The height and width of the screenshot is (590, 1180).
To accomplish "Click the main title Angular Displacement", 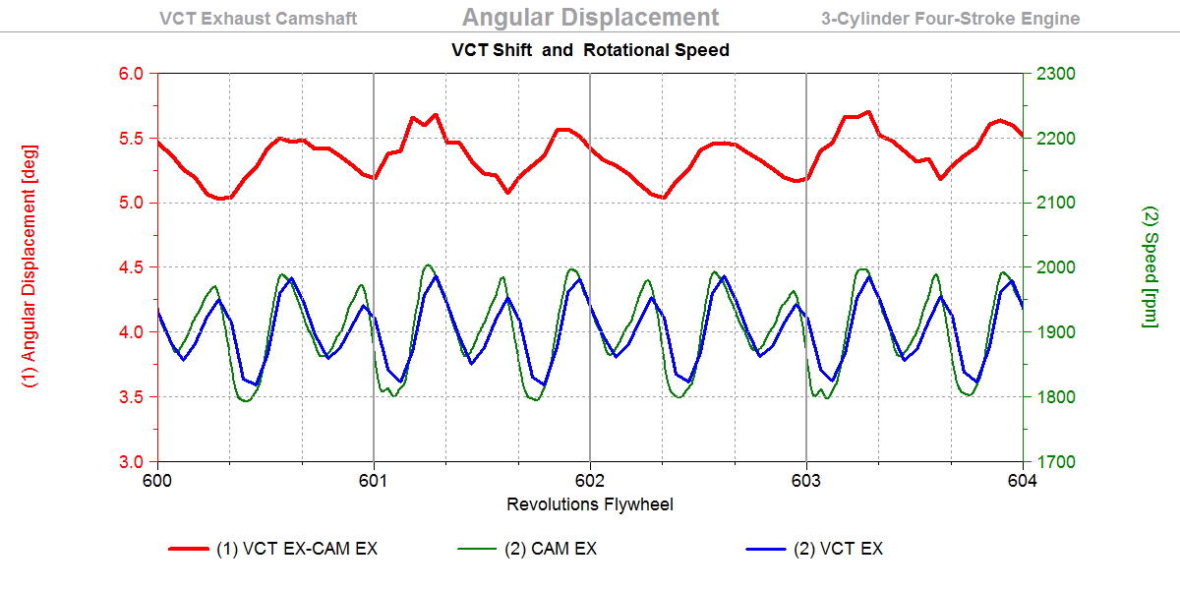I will tap(590, 17).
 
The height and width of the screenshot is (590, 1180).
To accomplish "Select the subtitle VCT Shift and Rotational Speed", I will tap(590, 49).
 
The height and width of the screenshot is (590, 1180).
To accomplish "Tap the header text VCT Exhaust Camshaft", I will tap(258, 19).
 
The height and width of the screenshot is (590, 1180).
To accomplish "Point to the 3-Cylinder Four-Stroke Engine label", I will tap(950, 19).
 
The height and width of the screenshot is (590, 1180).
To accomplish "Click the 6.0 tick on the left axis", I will tap(132, 74).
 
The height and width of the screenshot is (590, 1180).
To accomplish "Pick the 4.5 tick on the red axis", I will tap(132, 267).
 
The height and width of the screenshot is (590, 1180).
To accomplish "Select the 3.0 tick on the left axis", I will tap(132, 461).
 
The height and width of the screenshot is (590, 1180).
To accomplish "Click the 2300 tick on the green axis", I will tap(1052, 74).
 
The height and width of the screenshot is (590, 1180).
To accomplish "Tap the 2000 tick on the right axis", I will tap(1052, 267).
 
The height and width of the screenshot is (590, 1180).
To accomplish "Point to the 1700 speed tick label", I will tap(1052, 461).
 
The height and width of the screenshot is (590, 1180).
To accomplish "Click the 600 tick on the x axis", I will tap(157, 481).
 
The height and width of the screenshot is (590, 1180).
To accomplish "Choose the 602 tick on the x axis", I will tap(590, 481).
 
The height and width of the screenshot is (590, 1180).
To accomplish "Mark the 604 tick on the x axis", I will tap(1023, 481).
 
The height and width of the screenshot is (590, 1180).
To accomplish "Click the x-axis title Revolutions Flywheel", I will tap(590, 504).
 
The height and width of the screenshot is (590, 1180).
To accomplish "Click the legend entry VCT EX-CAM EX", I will tap(296, 549).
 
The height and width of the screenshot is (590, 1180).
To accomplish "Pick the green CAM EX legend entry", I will tap(551, 549).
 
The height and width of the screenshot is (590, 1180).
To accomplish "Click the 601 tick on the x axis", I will tap(374, 481).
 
